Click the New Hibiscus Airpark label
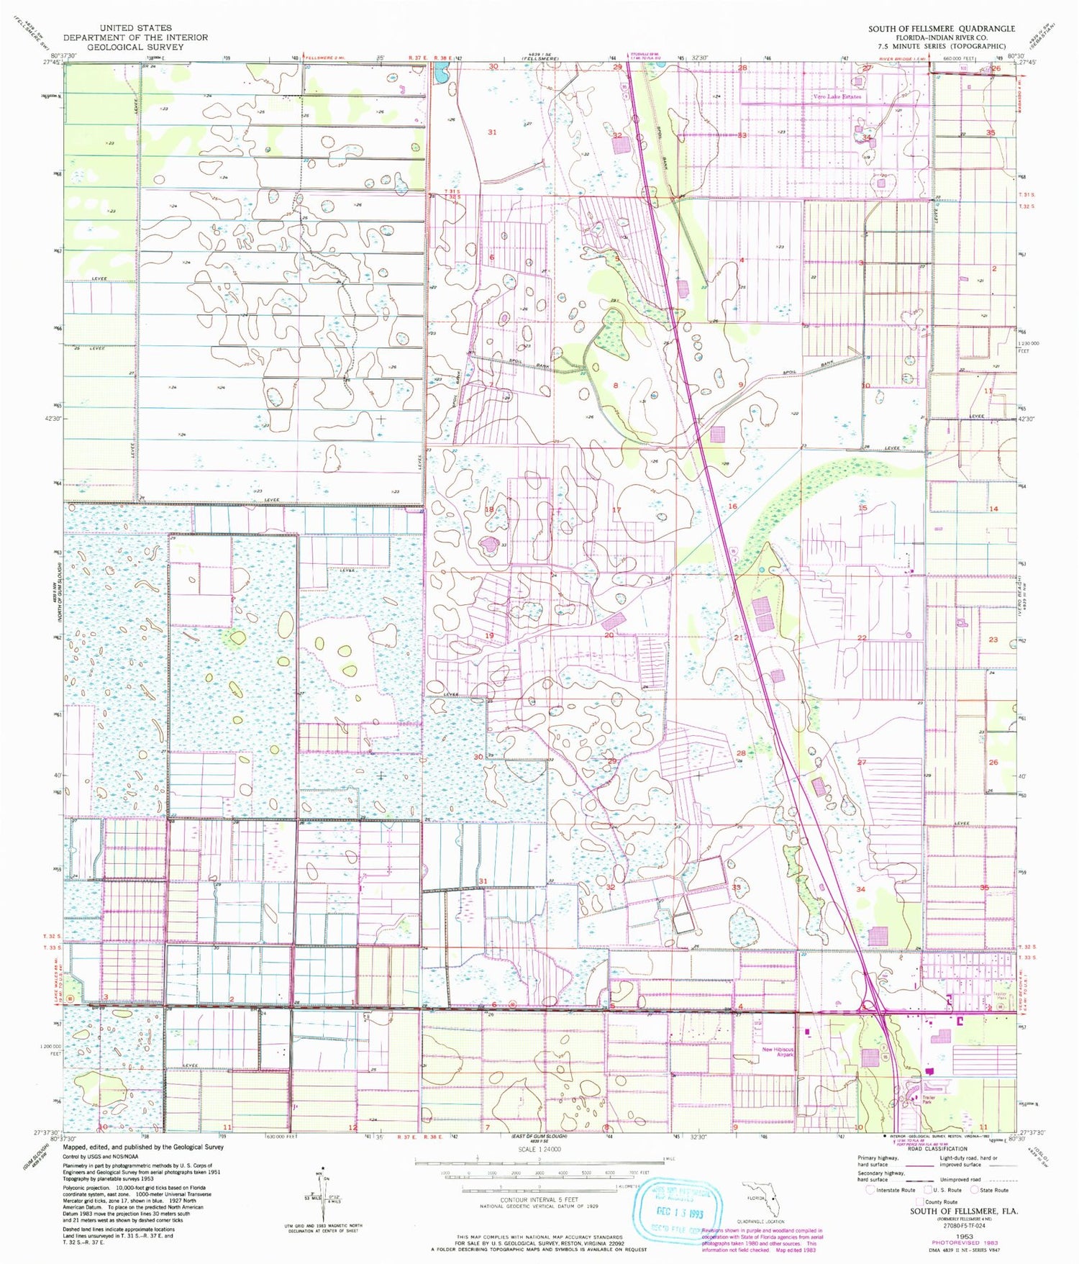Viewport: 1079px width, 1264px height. [778, 1052]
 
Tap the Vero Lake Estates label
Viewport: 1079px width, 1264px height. [836, 96]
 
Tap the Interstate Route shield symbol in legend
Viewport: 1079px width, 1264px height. [870, 1190]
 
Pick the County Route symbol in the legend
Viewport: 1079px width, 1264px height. [919, 1201]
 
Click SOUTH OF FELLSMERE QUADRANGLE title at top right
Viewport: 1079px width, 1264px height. [942, 29]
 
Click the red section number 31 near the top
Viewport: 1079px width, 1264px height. [492, 132]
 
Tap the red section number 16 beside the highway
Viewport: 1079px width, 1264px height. [732, 506]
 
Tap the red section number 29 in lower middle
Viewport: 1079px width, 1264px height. [612, 761]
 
